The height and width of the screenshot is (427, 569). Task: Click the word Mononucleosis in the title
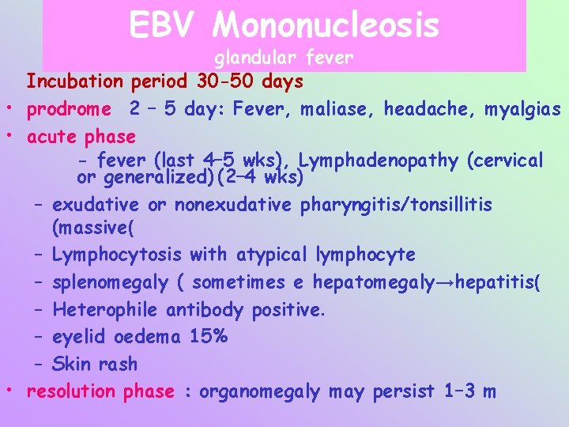click(326, 25)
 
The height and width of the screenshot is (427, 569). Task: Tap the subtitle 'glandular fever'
click(284, 58)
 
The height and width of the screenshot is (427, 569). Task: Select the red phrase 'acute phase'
click(81, 137)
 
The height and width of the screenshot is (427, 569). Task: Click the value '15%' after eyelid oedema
click(209, 336)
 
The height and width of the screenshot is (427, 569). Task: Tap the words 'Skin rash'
click(94, 364)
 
